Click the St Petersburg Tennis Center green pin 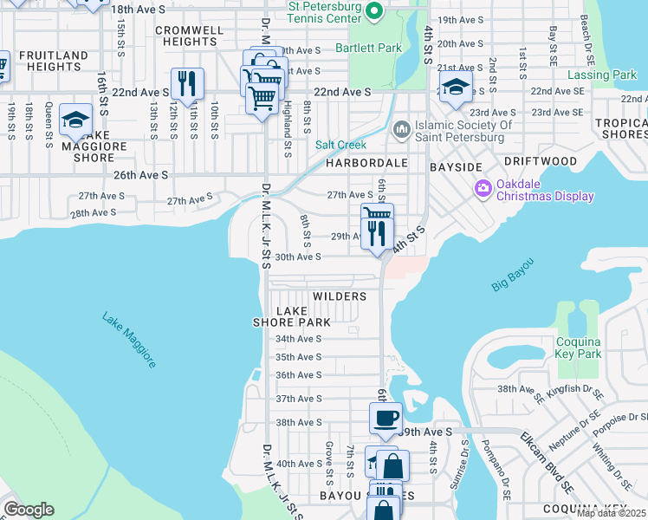tap(374, 10)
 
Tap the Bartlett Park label tap(368, 48)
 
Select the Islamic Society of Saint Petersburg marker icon tap(400, 130)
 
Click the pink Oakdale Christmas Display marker tap(483, 187)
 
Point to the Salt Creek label tap(340, 145)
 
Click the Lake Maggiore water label tap(129, 340)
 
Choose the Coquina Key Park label tap(578, 348)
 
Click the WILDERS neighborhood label tap(340, 296)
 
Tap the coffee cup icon tap(386, 418)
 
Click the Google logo tap(29, 510)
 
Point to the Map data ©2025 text tap(610, 513)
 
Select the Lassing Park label tap(601, 75)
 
